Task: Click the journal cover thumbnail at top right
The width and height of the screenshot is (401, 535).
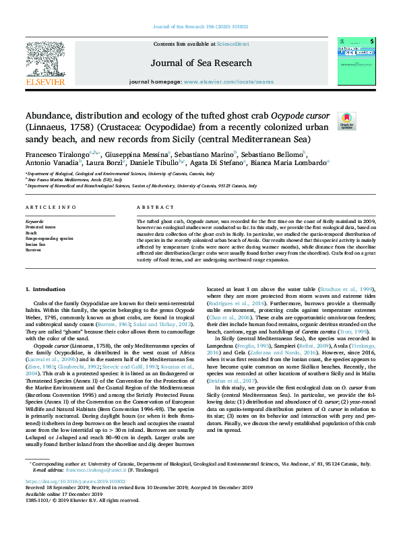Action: (357, 62)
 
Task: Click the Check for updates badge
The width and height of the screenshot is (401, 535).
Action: (365, 121)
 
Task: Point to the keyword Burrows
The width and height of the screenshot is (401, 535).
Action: (34, 249)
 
